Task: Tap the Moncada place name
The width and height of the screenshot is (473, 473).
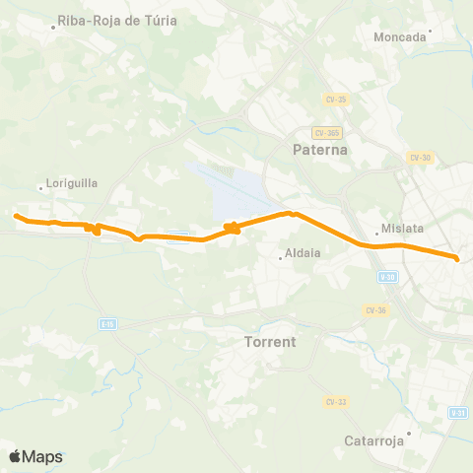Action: coord(401,37)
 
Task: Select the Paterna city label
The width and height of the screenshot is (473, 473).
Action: coord(320,150)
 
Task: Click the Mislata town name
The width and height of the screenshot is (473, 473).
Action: coord(403,229)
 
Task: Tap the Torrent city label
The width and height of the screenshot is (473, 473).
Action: coord(269,342)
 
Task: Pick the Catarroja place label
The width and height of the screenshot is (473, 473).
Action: coord(375,440)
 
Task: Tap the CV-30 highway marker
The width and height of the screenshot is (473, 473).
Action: coord(421,158)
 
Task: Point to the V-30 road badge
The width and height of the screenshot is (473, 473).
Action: coord(386,278)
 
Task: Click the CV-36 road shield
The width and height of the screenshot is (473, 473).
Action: coord(374,310)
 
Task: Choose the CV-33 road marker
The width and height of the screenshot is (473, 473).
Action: coord(334,401)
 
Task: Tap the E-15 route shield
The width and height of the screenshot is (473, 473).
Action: coord(107,323)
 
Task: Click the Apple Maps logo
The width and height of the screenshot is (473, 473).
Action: coord(35,456)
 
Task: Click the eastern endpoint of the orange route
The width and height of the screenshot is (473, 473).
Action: coord(458,258)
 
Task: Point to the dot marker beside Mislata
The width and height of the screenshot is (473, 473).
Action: coord(377,235)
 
